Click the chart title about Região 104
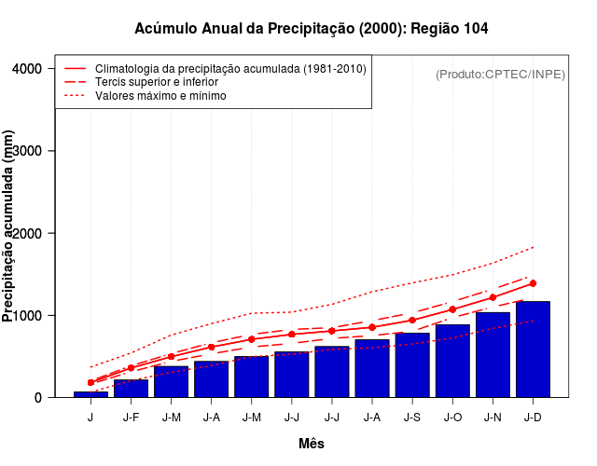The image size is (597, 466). pos(312,29)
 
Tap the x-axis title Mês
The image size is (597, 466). pos(312,444)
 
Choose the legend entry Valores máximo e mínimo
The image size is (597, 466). pos(160,95)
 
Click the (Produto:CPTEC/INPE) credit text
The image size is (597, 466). pos(500,74)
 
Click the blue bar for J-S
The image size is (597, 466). pos(412,364)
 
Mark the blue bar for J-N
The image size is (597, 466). pos(493,354)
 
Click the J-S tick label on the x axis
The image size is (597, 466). pos(412,417)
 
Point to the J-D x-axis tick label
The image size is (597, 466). pos(533,417)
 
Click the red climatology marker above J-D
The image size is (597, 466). pos(533,283)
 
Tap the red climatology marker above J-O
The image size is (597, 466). pos(452,309)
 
